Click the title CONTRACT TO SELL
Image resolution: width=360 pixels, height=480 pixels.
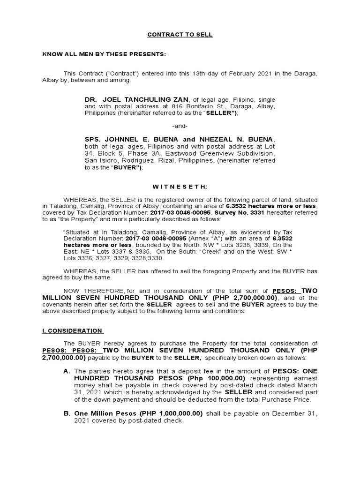point(180,35)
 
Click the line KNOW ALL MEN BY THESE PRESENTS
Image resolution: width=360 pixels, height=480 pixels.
point(104,54)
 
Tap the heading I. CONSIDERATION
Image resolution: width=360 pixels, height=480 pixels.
point(72,330)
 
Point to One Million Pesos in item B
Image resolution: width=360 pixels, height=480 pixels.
point(105,414)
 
